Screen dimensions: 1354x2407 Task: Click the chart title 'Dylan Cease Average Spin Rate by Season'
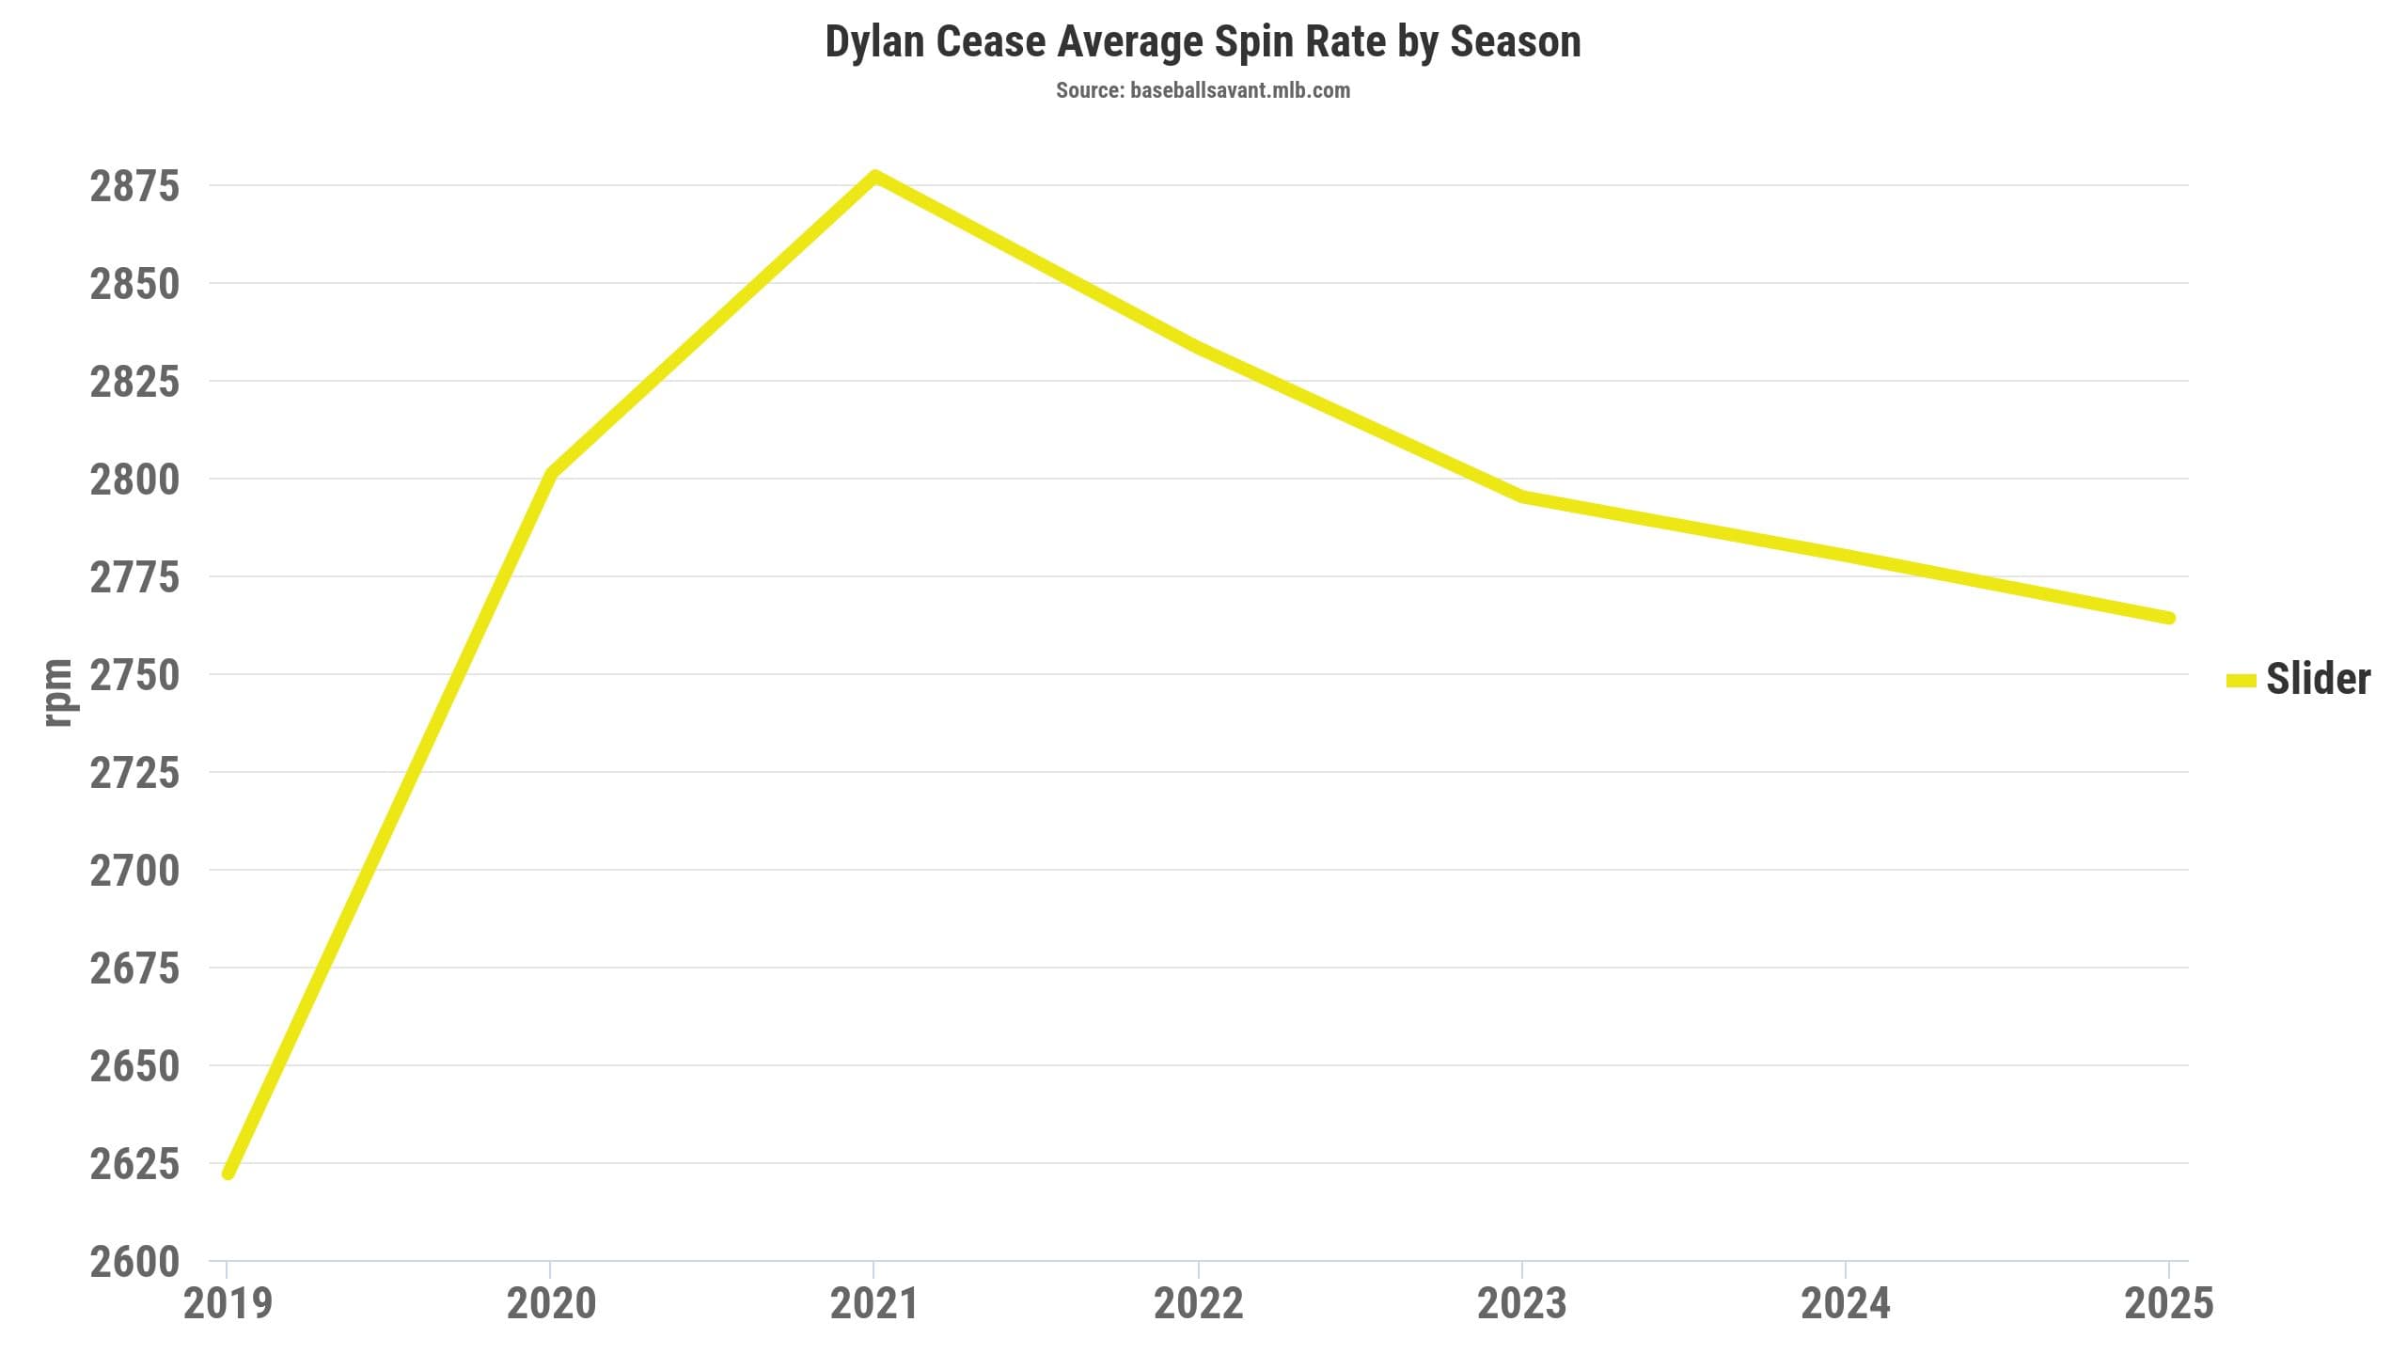[1203, 42]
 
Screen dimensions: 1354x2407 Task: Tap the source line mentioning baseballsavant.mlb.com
[1203, 90]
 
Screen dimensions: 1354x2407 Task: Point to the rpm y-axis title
[58, 692]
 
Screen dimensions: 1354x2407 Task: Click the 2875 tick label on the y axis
[134, 186]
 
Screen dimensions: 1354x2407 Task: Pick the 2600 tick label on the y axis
[134, 1262]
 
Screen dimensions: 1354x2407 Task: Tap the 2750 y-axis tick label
[134, 675]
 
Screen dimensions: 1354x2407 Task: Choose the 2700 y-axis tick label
[134, 871]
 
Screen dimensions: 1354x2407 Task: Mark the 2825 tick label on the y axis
[134, 382]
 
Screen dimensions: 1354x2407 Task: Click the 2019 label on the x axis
[228, 1303]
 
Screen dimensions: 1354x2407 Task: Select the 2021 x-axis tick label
[874, 1303]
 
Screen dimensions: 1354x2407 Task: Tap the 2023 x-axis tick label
[1522, 1303]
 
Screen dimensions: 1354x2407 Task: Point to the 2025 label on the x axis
[2169, 1303]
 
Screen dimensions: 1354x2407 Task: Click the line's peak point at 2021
[874, 175]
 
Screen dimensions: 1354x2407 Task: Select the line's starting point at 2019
[228, 1173]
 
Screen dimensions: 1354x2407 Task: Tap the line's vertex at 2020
[551, 473]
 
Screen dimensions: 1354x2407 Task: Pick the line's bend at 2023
[1522, 496]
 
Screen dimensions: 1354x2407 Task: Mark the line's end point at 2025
[2169, 618]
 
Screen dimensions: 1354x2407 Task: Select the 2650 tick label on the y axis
[134, 1066]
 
